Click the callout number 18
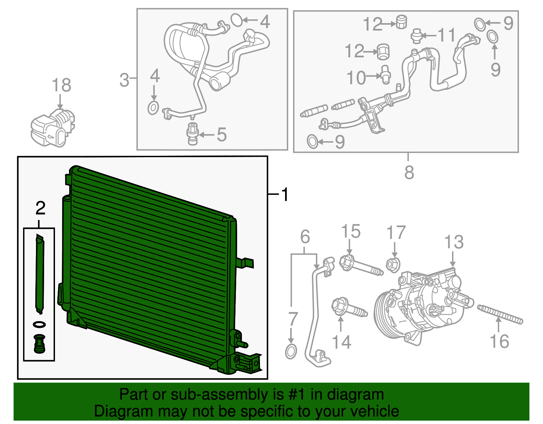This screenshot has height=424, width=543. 61,85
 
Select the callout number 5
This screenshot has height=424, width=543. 221,135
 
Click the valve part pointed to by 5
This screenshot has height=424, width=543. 192,134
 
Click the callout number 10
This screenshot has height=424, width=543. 356,78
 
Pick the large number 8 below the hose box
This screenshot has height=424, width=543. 409,172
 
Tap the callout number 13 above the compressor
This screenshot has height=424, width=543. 454,242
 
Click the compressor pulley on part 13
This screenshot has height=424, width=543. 385,314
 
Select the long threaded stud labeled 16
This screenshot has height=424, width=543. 500,314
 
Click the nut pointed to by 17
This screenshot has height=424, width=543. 393,265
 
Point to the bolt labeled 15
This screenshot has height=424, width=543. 360,266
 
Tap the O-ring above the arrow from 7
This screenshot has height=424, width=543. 291,352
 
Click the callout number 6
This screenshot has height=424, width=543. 305,236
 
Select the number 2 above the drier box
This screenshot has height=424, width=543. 40,208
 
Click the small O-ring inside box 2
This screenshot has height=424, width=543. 39,325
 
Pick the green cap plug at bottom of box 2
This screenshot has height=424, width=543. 39,344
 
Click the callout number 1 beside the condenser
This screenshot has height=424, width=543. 285,194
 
